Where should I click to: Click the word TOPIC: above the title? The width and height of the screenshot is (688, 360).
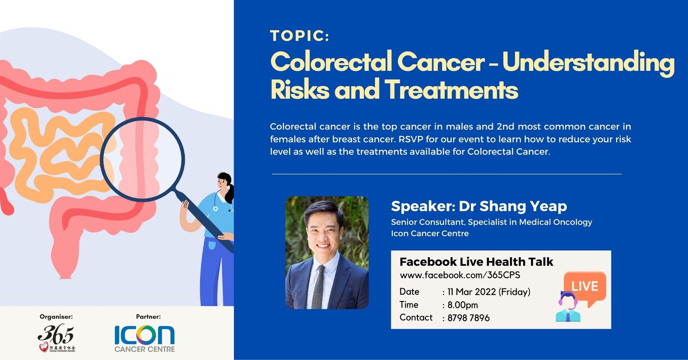click(x=299, y=36)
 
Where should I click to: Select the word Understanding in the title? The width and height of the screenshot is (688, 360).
click(x=588, y=63)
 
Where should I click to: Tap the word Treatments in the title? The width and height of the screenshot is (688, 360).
click(x=451, y=90)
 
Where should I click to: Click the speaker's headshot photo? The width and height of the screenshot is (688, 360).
click(x=327, y=252)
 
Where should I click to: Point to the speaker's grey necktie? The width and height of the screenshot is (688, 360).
click(x=319, y=287)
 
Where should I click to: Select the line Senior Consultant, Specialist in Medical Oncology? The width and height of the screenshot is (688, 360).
click(x=491, y=222)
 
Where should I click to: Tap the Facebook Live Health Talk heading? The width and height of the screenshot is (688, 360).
click(x=476, y=261)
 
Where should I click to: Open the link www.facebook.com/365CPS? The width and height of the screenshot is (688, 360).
click(x=460, y=275)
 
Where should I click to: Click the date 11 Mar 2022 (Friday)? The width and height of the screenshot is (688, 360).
click(x=489, y=292)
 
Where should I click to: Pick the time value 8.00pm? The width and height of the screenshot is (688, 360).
click(x=463, y=305)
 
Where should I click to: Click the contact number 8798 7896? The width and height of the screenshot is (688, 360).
click(x=469, y=318)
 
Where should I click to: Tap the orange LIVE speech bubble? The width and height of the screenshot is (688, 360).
click(x=585, y=287)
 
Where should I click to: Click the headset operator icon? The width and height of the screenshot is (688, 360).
click(x=568, y=307)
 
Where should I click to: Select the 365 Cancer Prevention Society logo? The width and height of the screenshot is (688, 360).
click(x=56, y=337)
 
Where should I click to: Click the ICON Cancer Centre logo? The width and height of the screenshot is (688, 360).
click(x=144, y=338)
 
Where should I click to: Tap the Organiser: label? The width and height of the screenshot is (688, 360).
click(x=56, y=316)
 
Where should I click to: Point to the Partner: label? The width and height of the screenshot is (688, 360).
click(x=148, y=316)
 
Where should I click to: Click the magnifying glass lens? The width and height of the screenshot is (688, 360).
click(x=143, y=159)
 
